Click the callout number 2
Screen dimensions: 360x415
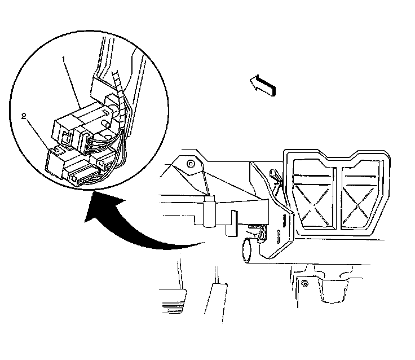(24, 116)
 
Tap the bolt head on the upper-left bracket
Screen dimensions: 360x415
(192, 164)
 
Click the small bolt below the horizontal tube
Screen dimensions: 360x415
(304, 282)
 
